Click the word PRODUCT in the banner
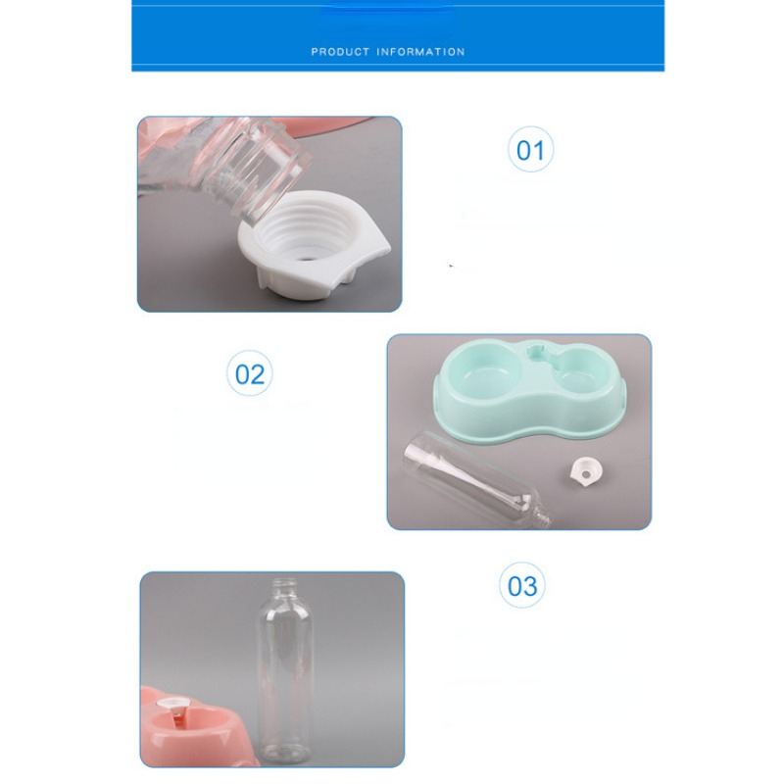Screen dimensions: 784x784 (340, 52)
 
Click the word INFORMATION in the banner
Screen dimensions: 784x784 (420, 52)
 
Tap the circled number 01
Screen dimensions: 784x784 (530, 150)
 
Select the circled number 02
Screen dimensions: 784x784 (250, 373)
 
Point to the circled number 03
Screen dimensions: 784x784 (522, 585)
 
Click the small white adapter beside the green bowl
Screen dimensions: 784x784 (586, 470)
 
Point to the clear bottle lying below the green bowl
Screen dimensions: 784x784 (477, 478)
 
